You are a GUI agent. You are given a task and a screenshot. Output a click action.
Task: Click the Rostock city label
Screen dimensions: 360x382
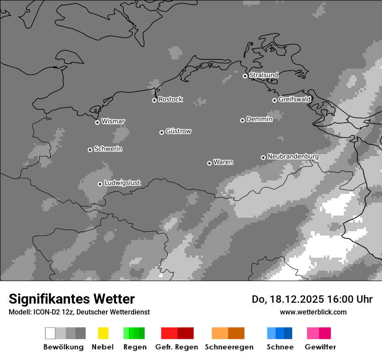(x=170, y=99)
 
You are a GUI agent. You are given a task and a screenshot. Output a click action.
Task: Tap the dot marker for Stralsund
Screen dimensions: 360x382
(x=245, y=76)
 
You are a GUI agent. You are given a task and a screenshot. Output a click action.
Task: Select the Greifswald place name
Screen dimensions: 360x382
(x=294, y=99)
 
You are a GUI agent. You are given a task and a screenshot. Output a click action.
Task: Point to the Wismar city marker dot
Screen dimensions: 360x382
(x=97, y=122)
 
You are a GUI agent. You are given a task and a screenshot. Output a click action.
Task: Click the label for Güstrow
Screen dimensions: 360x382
(x=178, y=131)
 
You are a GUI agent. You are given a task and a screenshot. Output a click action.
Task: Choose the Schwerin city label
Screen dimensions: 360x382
(x=108, y=149)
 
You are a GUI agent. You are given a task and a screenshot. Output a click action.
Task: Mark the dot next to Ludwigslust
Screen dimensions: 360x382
(x=100, y=184)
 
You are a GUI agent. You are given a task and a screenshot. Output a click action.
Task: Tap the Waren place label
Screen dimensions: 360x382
(x=223, y=162)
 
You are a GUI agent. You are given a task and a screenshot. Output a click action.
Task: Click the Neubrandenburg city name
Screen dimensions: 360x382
(x=293, y=156)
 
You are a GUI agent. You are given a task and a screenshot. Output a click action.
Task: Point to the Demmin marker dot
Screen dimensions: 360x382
(x=242, y=120)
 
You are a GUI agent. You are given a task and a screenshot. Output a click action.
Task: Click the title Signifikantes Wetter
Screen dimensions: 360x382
(x=72, y=299)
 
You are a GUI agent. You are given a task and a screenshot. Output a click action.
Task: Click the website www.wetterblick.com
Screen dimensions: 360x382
(x=313, y=312)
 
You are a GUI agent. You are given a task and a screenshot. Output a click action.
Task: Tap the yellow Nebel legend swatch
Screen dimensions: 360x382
(x=103, y=333)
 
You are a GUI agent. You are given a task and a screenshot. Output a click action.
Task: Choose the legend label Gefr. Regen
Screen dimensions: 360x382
(x=177, y=347)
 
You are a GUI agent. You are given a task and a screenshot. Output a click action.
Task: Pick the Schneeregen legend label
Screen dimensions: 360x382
(x=229, y=347)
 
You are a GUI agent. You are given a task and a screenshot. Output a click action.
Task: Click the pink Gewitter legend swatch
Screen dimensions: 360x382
(x=313, y=333)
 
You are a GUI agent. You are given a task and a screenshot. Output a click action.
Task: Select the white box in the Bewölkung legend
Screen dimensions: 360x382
(x=50, y=333)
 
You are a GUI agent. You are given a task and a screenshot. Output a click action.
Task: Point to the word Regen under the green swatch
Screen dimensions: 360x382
(x=135, y=347)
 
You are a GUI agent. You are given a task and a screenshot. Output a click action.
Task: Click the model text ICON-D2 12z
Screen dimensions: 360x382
(x=50, y=312)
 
